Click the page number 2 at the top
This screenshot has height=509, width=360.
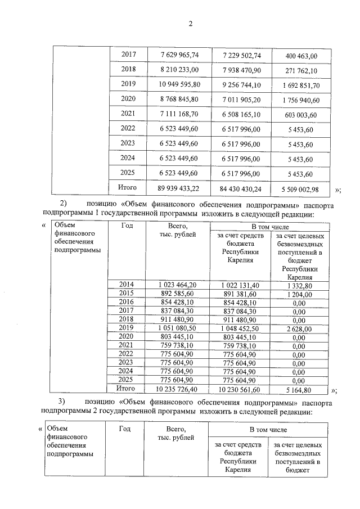point(190,24)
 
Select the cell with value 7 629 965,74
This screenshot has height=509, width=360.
point(179,55)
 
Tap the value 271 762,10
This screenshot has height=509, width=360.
point(301,71)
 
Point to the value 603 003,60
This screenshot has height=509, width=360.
point(301,115)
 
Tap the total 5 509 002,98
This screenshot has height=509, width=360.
point(301,188)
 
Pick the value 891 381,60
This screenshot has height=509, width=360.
point(241,294)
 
